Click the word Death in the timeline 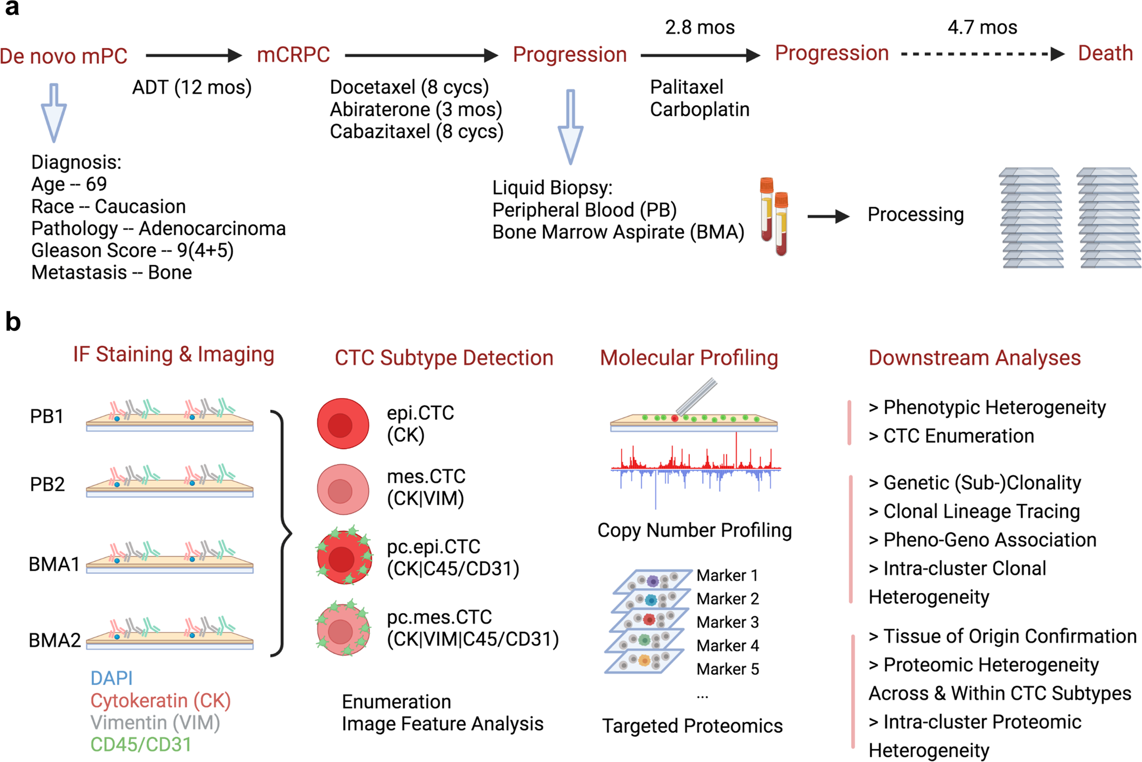tap(1105, 54)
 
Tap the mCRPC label tap(294, 55)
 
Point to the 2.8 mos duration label tap(699, 27)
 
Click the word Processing tap(915, 214)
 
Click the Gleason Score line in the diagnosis tap(132, 251)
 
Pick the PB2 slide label tap(47, 484)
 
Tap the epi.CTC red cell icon tap(343, 424)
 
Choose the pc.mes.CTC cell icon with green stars tap(343, 629)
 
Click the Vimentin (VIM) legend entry tap(155, 722)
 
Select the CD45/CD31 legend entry tap(141, 745)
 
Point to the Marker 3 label tap(727, 622)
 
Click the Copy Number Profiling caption tap(694, 530)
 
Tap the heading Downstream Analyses tap(974, 358)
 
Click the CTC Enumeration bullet tap(951, 436)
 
